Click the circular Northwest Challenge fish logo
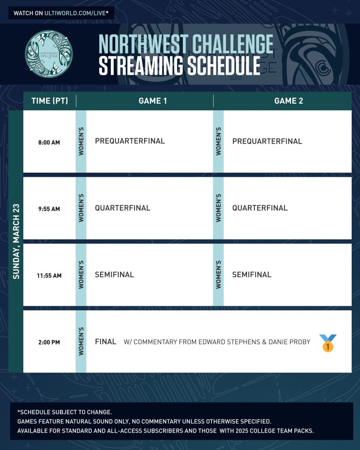(x=49, y=54)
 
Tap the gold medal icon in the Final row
(x=328, y=343)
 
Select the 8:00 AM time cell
(x=49, y=142)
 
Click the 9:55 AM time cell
(x=49, y=209)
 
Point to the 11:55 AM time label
(x=49, y=276)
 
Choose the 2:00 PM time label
(x=49, y=342)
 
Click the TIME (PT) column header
(x=50, y=101)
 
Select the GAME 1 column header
(x=153, y=101)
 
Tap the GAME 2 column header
(x=288, y=101)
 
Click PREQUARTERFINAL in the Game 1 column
(x=130, y=141)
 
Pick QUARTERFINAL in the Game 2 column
(x=260, y=208)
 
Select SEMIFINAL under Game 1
(x=114, y=275)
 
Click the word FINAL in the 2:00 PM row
(x=105, y=341)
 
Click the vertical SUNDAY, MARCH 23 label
(x=16, y=241)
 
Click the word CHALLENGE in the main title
(x=233, y=44)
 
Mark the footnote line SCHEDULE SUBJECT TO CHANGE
(x=65, y=412)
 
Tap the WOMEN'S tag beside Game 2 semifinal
(x=218, y=275)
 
